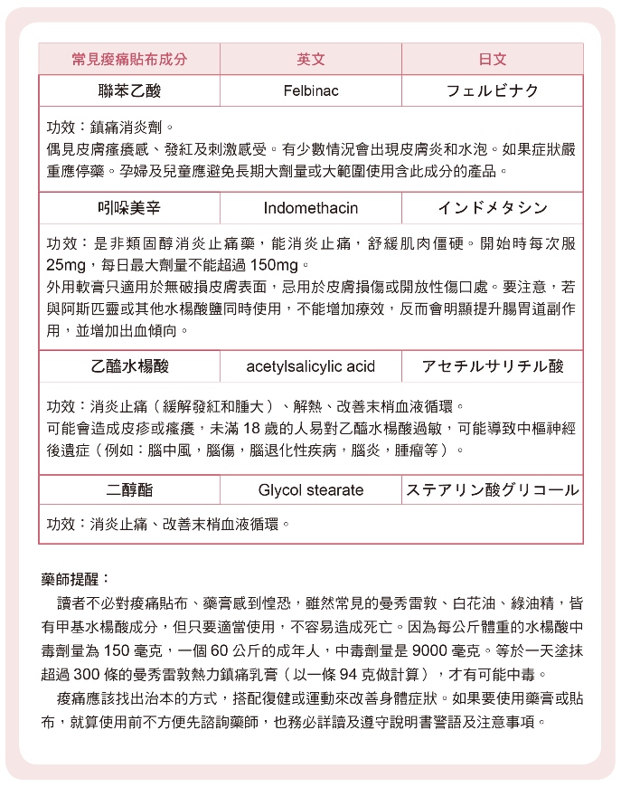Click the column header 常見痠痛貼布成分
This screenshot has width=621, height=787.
tap(129, 59)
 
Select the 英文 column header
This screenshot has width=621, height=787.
tap(310, 59)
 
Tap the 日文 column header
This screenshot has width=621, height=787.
tap(492, 59)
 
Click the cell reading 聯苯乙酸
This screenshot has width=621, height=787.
tap(129, 91)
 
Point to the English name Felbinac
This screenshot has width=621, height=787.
tap(310, 91)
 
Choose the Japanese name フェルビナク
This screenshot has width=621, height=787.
tap(492, 91)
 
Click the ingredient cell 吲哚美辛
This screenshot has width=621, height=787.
tap(129, 208)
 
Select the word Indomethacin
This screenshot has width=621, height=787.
tap(310, 208)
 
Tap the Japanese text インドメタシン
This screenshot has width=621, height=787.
tap(492, 208)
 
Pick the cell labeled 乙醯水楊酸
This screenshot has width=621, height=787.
tap(129, 365)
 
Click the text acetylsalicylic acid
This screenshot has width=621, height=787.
tap(310, 365)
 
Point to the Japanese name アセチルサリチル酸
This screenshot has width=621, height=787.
tap(492, 365)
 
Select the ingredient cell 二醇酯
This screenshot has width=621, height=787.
tap(129, 489)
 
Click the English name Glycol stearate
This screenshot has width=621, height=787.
tap(310, 489)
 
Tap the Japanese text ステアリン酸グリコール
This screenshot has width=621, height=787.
tap(492, 489)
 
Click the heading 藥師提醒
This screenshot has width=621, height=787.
tap(76, 578)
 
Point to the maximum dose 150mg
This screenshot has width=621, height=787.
tap(274, 266)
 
